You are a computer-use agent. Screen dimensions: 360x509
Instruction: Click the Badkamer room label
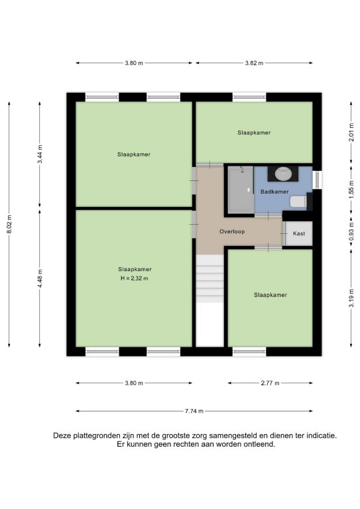coord(274,192)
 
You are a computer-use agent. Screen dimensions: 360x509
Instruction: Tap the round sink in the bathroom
coord(283,174)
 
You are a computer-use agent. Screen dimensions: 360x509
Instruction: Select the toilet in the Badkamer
coord(298,201)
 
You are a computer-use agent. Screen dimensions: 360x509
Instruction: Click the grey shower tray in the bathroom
coord(241,190)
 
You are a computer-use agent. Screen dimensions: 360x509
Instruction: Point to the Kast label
coord(298,233)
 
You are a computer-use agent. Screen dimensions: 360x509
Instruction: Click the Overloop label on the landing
coord(232,231)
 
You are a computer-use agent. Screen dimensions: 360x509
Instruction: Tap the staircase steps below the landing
coord(210,279)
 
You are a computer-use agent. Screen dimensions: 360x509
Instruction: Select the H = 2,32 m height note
coord(135,278)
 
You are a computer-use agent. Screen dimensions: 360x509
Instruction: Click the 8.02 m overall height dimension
coord(9,224)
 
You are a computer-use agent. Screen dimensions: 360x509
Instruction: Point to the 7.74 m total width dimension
coord(194,411)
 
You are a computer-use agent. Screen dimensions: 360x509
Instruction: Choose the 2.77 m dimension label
coord(270,383)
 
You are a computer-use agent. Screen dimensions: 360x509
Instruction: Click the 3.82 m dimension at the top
coord(254,63)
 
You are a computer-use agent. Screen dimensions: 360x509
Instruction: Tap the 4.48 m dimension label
coord(40,278)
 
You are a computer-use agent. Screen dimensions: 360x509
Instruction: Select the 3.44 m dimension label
coord(40,154)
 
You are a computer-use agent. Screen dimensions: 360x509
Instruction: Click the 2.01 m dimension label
coord(351,133)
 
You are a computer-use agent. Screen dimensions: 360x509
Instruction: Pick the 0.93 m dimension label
coord(351,231)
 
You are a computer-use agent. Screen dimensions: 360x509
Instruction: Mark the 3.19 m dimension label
coord(351,298)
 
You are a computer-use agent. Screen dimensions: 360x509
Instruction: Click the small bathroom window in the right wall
coord(317,180)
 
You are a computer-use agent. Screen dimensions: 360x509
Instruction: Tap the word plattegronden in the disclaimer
coord(97,435)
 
